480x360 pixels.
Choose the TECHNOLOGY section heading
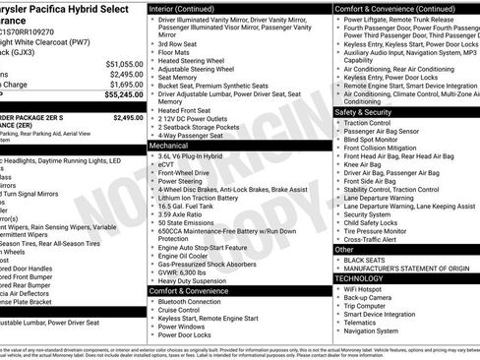(x=368, y=278)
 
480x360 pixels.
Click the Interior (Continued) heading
(x=190, y=8)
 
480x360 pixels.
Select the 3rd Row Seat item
(x=180, y=43)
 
